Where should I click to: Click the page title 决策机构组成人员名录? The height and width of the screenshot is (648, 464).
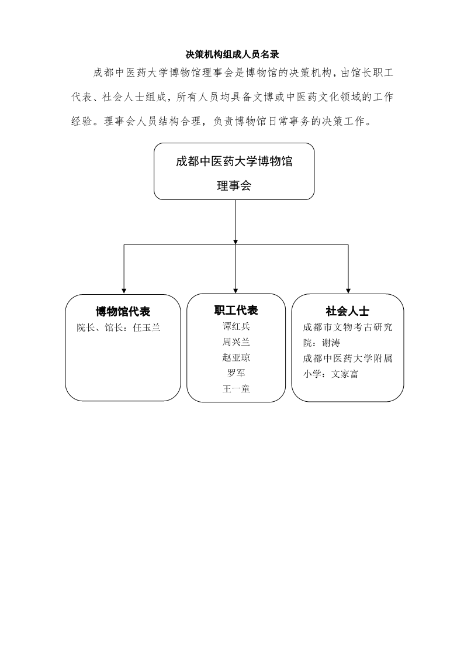[x=233, y=54]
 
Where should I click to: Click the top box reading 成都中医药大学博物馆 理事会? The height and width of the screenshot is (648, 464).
[x=234, y=171]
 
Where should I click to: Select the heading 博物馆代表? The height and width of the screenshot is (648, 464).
[x=123, y=311]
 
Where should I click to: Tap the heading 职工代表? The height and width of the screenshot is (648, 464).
[x=236, y=311]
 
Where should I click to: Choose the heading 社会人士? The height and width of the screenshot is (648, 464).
[x=348, y=311]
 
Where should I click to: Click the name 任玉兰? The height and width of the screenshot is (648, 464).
[x=147, y=328]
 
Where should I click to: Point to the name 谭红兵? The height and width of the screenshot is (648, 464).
[x=237, y=326]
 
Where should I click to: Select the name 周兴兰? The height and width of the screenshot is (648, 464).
[x=237, y=342]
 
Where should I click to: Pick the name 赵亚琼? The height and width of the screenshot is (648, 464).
[x=237, y=357]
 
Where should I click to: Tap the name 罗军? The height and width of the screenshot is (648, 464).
[x=237, y=373]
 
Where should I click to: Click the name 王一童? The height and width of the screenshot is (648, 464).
[x=237, y=389]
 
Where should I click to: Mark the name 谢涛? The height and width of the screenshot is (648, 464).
[x=331, y=343]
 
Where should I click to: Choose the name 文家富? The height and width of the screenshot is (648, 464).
[x=345, y=374]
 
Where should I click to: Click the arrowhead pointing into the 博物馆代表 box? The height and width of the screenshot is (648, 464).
[x=124, y=291]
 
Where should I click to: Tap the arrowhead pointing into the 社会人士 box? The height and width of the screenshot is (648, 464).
[x=348, y=291]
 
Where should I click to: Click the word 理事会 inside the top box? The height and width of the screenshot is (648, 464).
[x=234, y=185]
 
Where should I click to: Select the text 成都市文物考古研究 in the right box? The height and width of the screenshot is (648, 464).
[x=348, y=328]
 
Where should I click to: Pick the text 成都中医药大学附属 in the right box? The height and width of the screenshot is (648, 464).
[x=348, y=359]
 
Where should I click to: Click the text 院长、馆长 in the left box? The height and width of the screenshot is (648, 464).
[x=101, y=328]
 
